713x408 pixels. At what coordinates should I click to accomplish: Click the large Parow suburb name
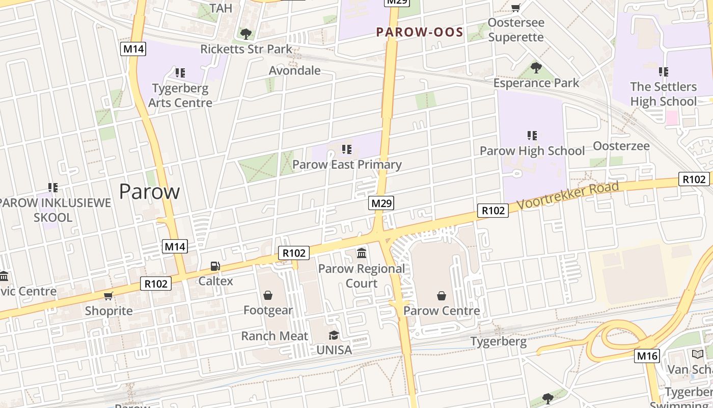pyautogui.click(x=149, y=192)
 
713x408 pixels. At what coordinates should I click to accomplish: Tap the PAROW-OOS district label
pyautogui.click(x=420, y=33)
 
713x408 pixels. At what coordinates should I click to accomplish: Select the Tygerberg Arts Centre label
pyautogui.click(x=180, y=95)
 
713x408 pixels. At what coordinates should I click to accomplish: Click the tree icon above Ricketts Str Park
pyautogui.click(x=246, y=34)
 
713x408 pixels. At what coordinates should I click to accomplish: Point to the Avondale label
pyautogui.click(x=294, y=70)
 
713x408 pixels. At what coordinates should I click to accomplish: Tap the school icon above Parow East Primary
pyautogui.click(x=347, y=149)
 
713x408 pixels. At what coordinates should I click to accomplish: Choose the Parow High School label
pyautogui.click(x=532, y=151)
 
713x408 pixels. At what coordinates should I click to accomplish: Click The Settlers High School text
pyautogui.click(x=663, y=94)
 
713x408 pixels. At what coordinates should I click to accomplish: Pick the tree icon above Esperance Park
pyautogui.click(x=536, y=67)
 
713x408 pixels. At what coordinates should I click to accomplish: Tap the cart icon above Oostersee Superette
pyautogui.click(x=515, y=8)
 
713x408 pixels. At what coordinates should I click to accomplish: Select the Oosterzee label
pyautogui.click(x=621, y=146)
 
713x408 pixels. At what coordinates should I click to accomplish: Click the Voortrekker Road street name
pyautogui.click(x=568, y=195)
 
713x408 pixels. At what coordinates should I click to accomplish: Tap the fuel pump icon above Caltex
pyautogui.click(x=215, y=266)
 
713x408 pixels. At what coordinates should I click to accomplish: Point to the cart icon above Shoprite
pyautogui.click(x=108, y=296)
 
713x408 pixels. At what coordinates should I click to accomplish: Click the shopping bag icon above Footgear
pyautogui.click(x=268, y=295)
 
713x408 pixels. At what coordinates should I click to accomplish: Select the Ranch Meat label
pyautogui.click(x=275, y=336)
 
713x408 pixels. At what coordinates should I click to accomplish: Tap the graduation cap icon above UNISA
pyautogui.click(x=334, y=335)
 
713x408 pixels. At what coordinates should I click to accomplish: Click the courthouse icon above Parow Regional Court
pyautogui.click(x=362, y=253)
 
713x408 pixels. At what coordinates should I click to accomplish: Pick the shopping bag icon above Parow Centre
pyautogui.click(x=442, y=296)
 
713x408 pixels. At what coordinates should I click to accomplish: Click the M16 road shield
pyautogui.click(x=647, y=356)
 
